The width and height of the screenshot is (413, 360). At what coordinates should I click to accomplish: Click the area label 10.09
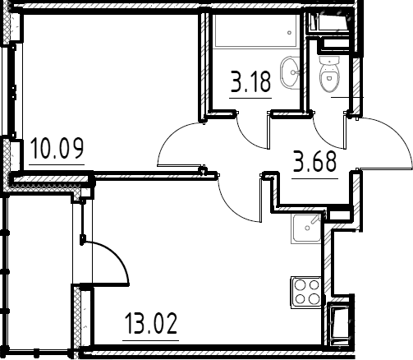(x=57, y=149)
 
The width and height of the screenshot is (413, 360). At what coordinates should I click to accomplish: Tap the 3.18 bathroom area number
(x=251, y=81)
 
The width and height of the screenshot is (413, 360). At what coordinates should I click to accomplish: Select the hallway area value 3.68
(x=314, y=162)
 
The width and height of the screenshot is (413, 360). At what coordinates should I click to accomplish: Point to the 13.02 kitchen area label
(x=151, y=324)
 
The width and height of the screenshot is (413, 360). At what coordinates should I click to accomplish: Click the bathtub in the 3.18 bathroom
(x=256, y=30)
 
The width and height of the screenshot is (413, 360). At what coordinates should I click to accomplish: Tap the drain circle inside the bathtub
(x=290, y=33)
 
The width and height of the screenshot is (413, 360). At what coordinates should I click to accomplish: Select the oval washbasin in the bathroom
(x=290, y=72)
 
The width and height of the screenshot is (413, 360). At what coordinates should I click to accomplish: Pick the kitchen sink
(x=306, y=228)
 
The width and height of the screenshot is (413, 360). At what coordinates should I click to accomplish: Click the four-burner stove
(x=306, y=293)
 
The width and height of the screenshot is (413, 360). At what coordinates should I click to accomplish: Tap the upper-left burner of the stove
(x=301, y=285)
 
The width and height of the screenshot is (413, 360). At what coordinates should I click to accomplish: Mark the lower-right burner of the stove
(x=314, y=298)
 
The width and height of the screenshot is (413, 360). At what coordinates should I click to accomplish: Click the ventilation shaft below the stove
(x=338, y=323)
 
